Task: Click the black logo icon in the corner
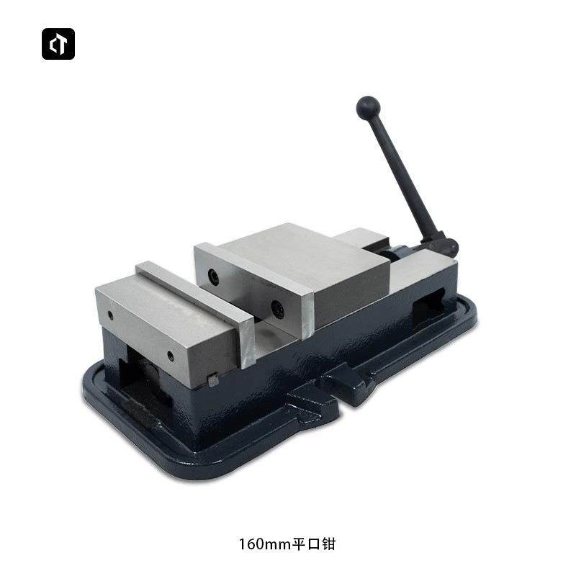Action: click(x=58, y=44)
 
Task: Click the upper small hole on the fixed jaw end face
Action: click(x=109, y=315)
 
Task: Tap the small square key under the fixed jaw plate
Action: click(x=212, y=379)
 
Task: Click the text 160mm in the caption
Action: click(x=264, y=544)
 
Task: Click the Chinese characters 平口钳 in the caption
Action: click(x=313, y=544)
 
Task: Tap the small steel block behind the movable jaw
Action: click(x=360, y=239)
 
